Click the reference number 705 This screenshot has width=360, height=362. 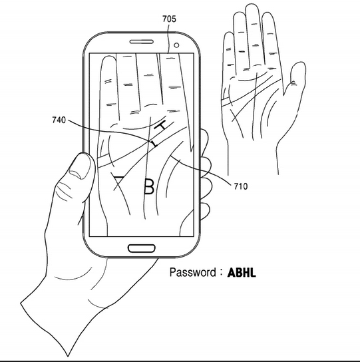pyautogui.click(x=169, y=19)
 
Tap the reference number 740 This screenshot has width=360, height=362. pyautogui.click(x=59, y=120)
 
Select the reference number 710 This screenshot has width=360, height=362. pyautogui.click(x=241, y=186)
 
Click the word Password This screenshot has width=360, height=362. pyautogui.click(x=193, y=272)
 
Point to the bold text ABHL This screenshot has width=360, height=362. pyautogui.click(x=242, y=273)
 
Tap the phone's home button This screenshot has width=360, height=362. pyautogui.click(x=141, y=249)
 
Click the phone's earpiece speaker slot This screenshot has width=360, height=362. pyautogui.click(x=141, y=42)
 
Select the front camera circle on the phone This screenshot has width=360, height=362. pyautogui.click(x=176, y=45)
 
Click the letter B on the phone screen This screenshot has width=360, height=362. pyautogui.click(x=149, y=186)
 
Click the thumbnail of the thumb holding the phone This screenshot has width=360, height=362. pyautogui.click(x=80, y=166)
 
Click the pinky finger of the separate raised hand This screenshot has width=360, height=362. pyautogui.click(x=228, y=53)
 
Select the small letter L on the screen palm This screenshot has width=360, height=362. pyautogui.click(x=154, y=144)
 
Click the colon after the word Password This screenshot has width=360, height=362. pyautogui.click(x=221, y=273)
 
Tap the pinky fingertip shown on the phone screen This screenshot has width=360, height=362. pyautogui.click(x=108, y=61)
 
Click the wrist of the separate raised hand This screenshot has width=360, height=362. pyautogui.click(x=253, y=157)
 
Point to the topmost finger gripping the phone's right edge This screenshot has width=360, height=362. pyautogui.click(x=204, y=142)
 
